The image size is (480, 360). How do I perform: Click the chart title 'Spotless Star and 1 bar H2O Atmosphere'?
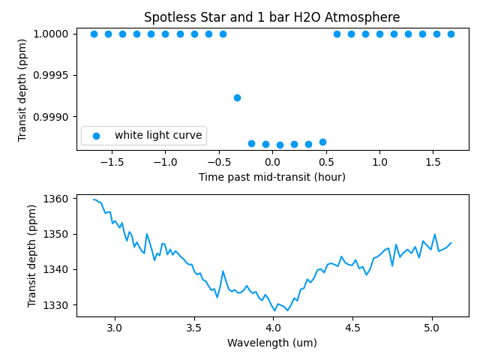point(272,17)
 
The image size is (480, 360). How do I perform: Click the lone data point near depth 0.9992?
point(237,97)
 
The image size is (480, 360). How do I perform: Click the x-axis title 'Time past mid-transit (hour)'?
point(272,178)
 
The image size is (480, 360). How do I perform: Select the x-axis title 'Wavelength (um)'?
point(272,343)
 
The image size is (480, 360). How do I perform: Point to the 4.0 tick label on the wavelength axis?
point(273,328)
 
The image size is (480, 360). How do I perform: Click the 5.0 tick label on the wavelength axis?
point(431,328)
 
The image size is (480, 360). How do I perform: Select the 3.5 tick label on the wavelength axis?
point(193,328)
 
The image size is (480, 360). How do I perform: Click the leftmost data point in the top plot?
point(94,34)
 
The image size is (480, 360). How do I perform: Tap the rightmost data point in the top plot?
point(451,34)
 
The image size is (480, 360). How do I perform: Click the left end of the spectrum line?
point(94,199)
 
